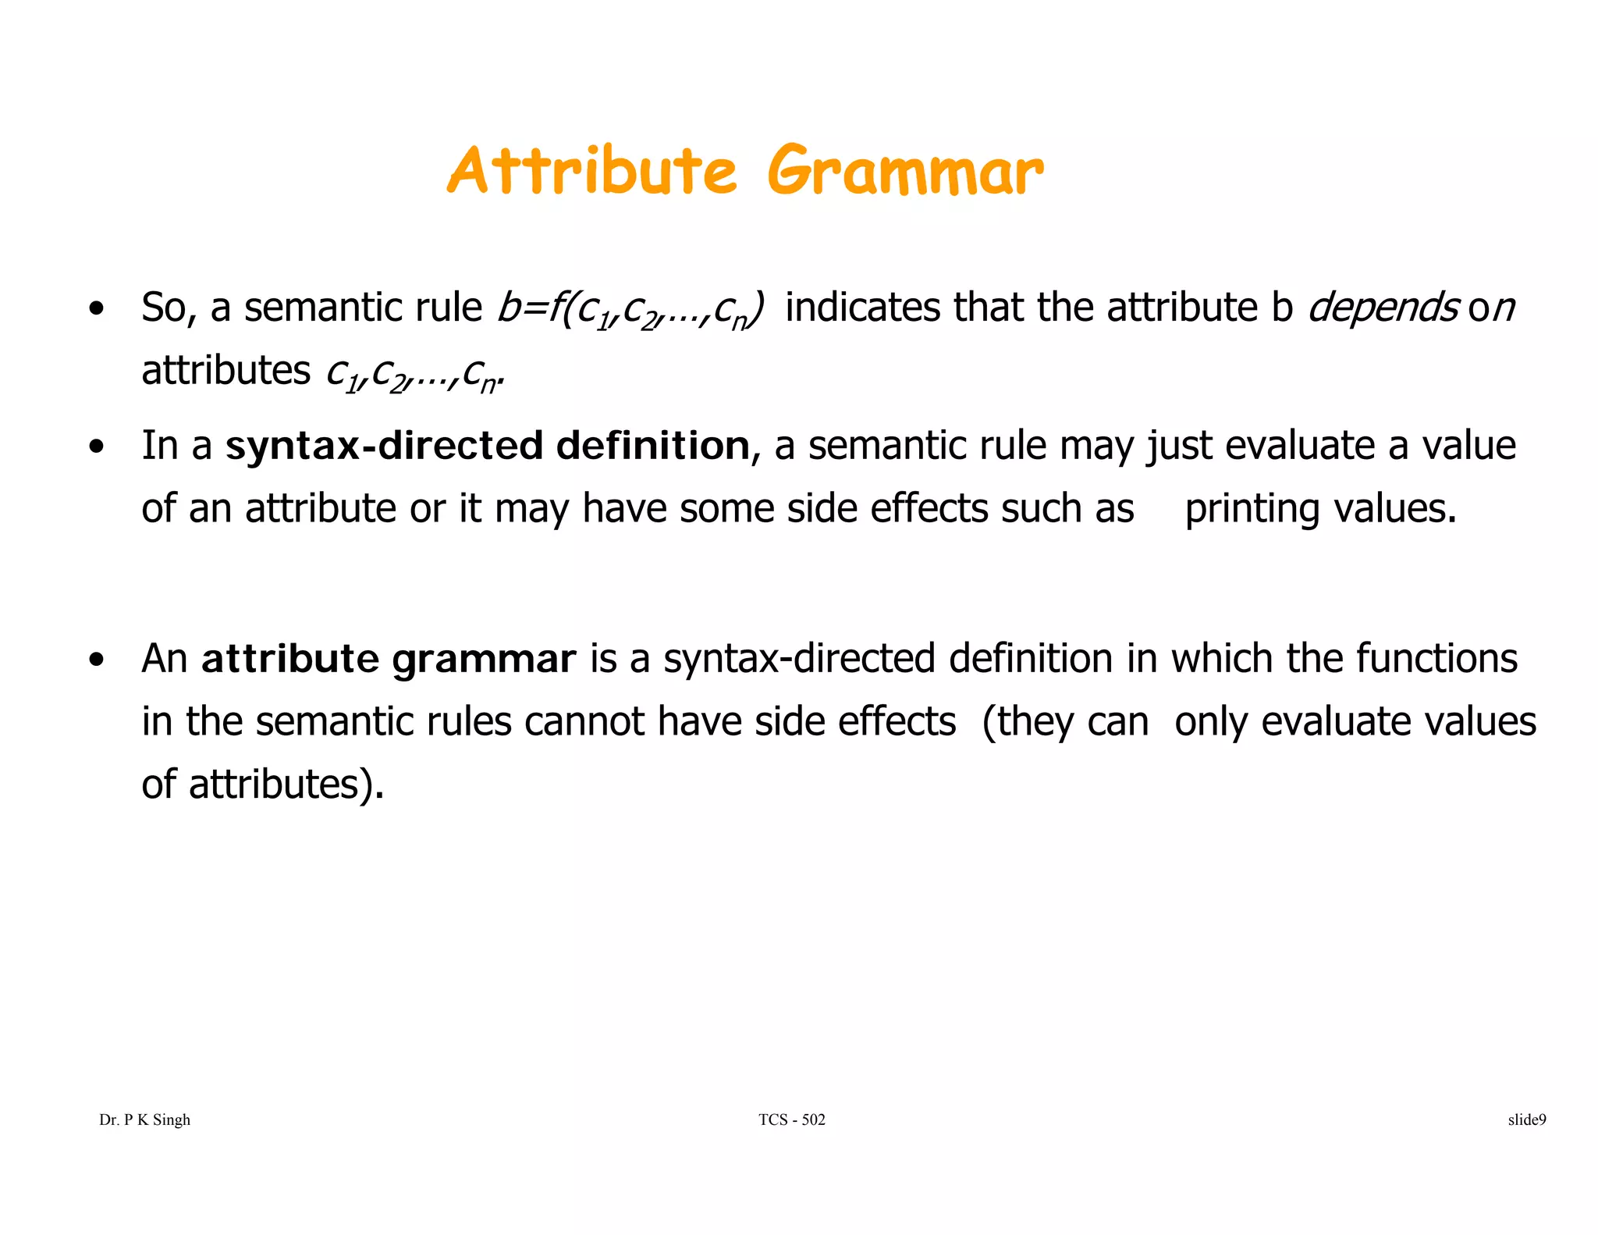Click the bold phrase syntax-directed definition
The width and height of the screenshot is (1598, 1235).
pos(488,446)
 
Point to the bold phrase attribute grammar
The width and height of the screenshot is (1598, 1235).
pos(389,659)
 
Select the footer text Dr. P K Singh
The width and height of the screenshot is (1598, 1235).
pos(145,1120)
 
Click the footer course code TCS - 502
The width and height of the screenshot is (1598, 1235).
pos(791,1120)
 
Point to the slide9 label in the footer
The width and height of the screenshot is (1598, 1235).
pos(1526,1120)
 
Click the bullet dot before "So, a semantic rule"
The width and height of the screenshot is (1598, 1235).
pos(96,309)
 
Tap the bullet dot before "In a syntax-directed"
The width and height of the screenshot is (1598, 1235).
pos(96,448)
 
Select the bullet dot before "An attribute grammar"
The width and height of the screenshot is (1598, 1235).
pos(96,660)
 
